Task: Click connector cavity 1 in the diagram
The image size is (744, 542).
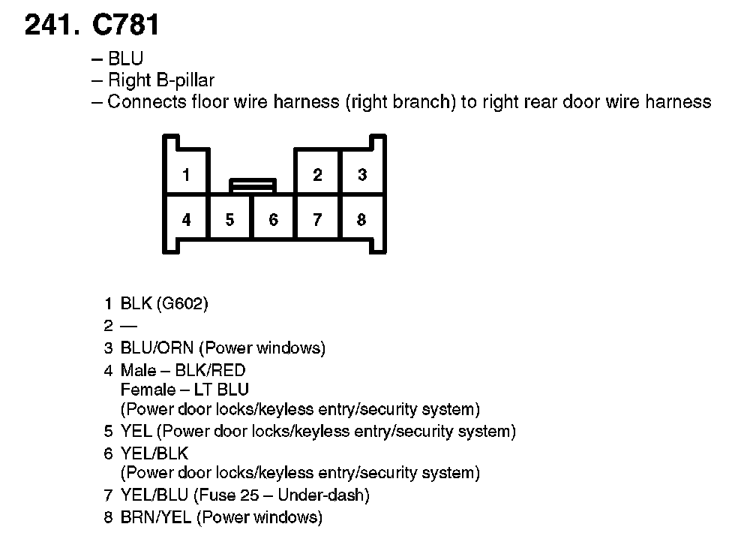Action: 186,175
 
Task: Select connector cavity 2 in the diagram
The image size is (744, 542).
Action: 318,175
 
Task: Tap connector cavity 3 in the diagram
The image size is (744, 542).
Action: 362,175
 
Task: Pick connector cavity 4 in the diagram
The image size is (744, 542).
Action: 186,220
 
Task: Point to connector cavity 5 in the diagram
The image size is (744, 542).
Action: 229,220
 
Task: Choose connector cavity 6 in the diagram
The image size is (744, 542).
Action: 274,220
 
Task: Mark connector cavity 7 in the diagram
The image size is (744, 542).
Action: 318,220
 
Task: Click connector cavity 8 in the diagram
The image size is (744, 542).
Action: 362,220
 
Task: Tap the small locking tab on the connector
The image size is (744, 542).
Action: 253,185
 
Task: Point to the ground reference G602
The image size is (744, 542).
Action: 183,304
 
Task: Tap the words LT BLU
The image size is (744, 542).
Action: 222,390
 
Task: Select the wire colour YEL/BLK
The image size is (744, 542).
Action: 154,453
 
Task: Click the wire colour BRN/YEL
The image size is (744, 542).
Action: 156,517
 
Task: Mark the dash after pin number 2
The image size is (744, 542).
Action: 129,327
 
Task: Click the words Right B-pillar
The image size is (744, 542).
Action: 161,80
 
